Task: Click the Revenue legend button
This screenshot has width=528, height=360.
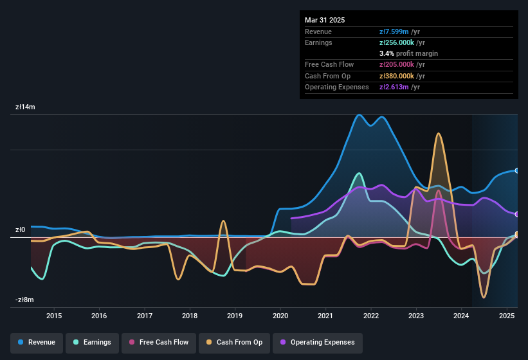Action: click(x=37, y=343)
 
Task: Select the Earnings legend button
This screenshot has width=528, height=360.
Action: click(x=92, y=343)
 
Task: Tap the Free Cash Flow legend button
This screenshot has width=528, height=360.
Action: click(x=159, y=343)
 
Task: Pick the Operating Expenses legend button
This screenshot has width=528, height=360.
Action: click(x=317, y=343)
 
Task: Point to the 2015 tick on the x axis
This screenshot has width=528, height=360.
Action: click(x=54, y=316)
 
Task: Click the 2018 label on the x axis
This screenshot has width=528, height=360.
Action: click(x=190, y=316)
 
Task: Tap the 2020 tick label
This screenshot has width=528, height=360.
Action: click(x=280, y=316)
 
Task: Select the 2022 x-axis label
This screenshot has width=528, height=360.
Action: click(x=370, y=316)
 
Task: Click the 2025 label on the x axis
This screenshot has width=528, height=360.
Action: click(x=507, y=316)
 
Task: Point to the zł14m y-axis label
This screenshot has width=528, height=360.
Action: click(x=26, y=107)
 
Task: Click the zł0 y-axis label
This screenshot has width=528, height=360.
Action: click(x=21, y=230)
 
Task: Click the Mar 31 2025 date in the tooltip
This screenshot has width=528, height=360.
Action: click(x=325, y=20)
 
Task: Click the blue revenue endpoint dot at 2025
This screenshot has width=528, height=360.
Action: click(x=516, y=170)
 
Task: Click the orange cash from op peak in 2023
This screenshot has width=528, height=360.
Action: click(x=439, y=134)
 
